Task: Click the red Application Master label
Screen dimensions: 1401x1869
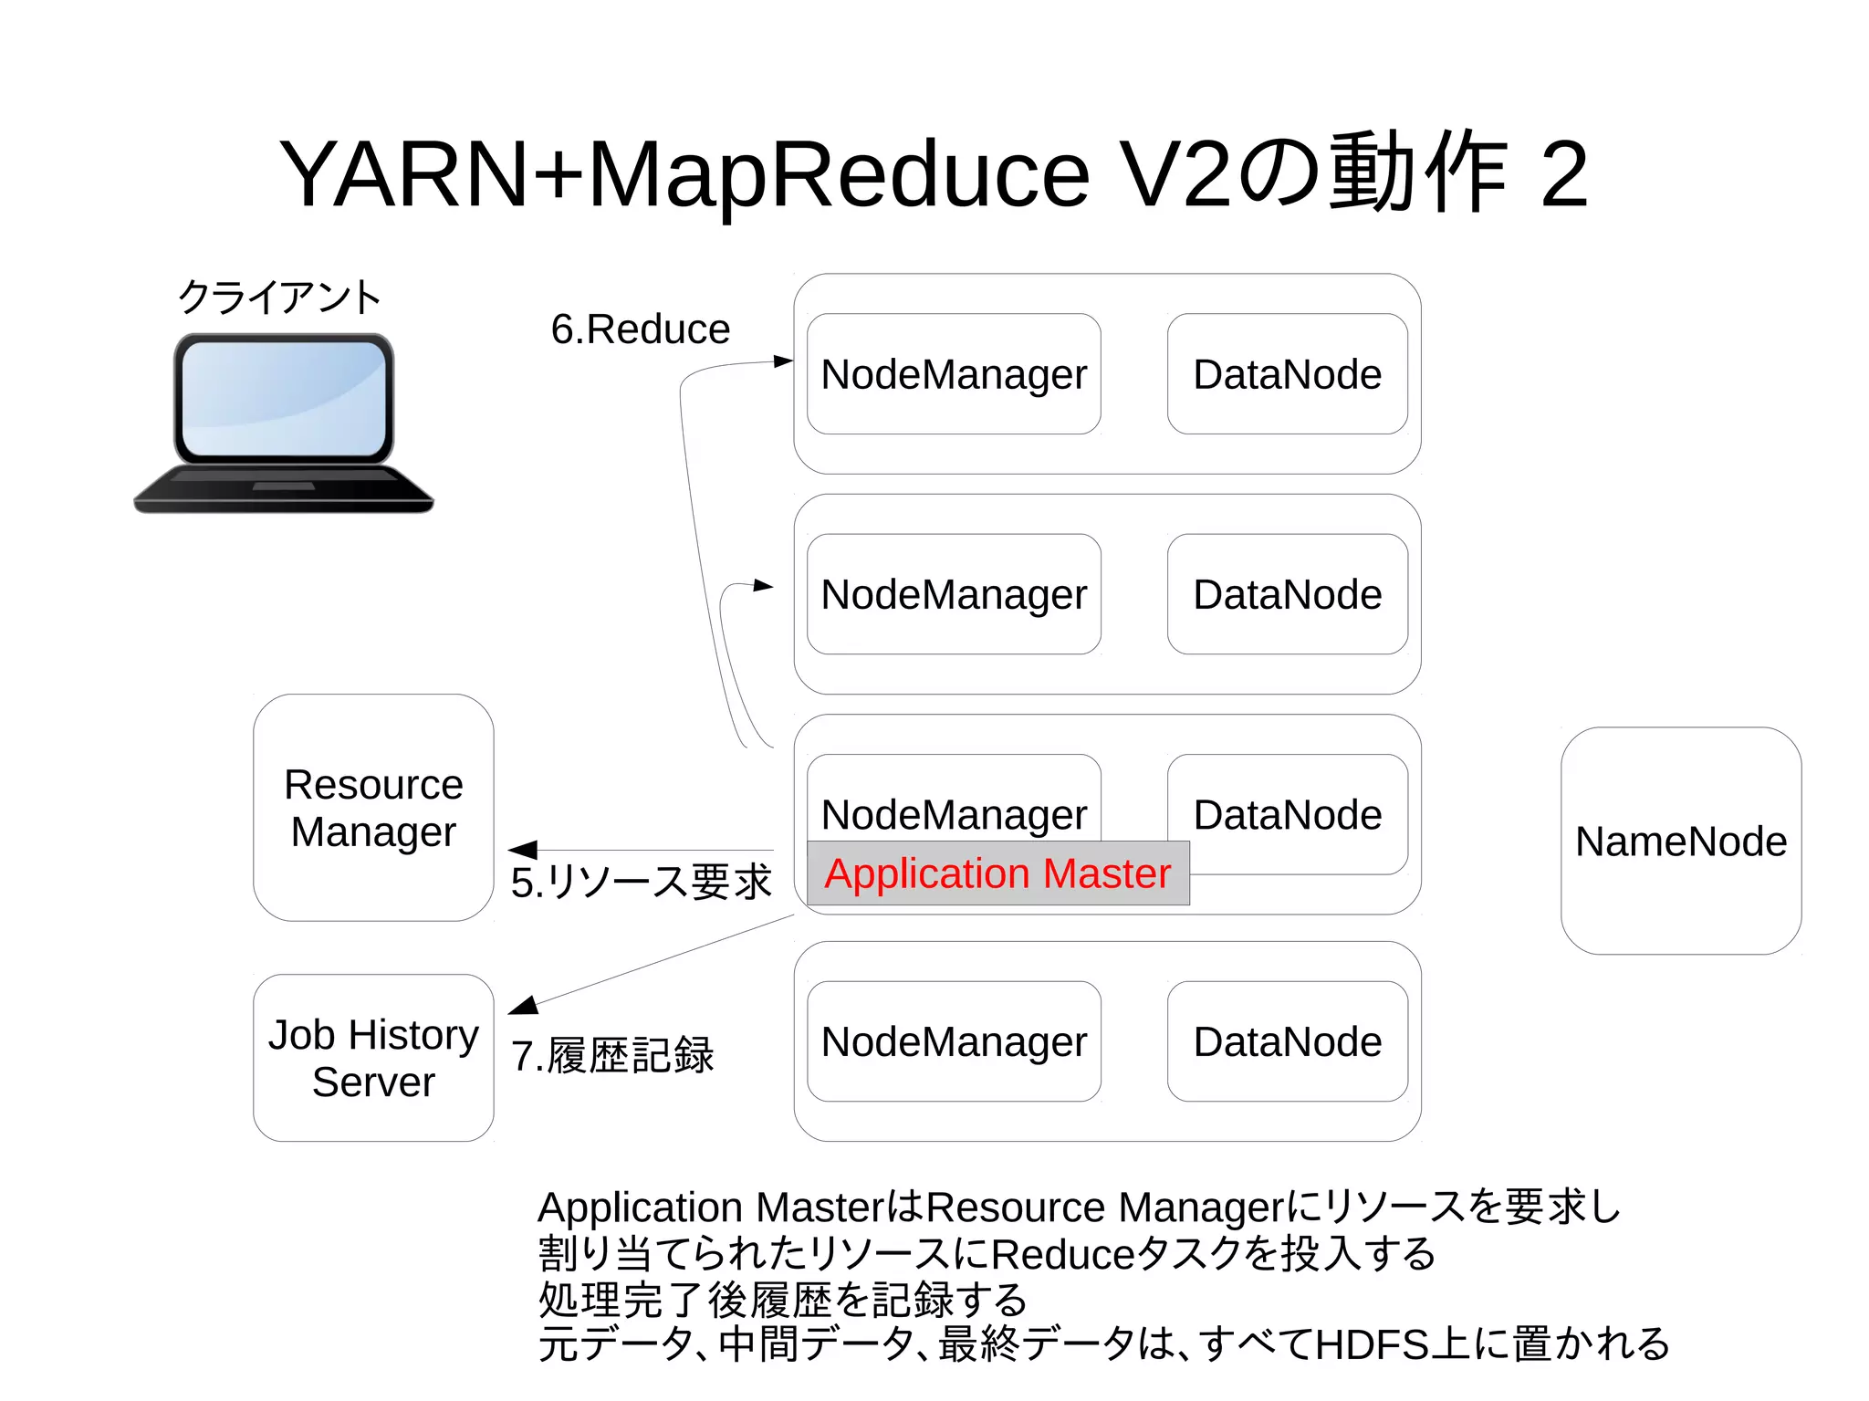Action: pos(997,873)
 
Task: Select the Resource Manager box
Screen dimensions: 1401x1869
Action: pos(373,808)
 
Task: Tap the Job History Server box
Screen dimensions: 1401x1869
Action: pos(373,1058)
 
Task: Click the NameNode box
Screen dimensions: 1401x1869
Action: pos(1681,841)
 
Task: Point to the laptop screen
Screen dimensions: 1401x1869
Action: pos(284,398)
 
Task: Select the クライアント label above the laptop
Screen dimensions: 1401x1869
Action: pos(279,298)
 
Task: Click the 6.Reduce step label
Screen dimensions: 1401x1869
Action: pos(640,329)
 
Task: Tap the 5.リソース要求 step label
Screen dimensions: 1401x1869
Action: pos(642,883)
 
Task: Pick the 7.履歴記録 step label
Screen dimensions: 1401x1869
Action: pos(612,1056)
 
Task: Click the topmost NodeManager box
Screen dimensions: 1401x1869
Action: pos(954,374)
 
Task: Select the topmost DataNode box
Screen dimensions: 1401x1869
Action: pos(1287,374)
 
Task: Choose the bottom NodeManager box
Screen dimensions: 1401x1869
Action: pos(954,1041)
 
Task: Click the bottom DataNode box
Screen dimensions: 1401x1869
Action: pos(1287,1041)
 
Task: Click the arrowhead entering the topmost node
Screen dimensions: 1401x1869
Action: pos(783,361)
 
